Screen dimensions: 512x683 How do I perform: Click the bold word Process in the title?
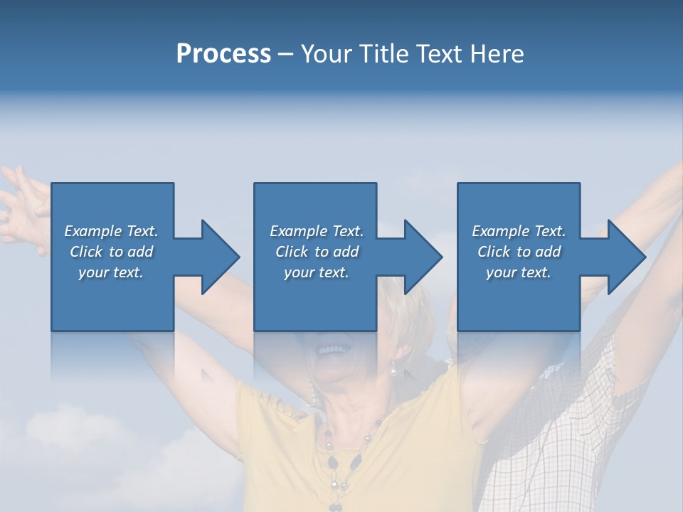(223, 54)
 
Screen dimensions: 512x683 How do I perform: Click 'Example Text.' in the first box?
(111, 231)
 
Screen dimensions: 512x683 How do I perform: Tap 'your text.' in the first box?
(111, 273)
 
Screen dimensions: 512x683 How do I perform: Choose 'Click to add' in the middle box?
(317, 252)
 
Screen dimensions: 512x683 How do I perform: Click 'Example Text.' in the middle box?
(317, 231)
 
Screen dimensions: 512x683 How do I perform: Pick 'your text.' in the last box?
(518, 273)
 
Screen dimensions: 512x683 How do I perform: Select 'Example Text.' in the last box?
(518, 231)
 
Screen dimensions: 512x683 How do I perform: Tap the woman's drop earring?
(391, 368)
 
